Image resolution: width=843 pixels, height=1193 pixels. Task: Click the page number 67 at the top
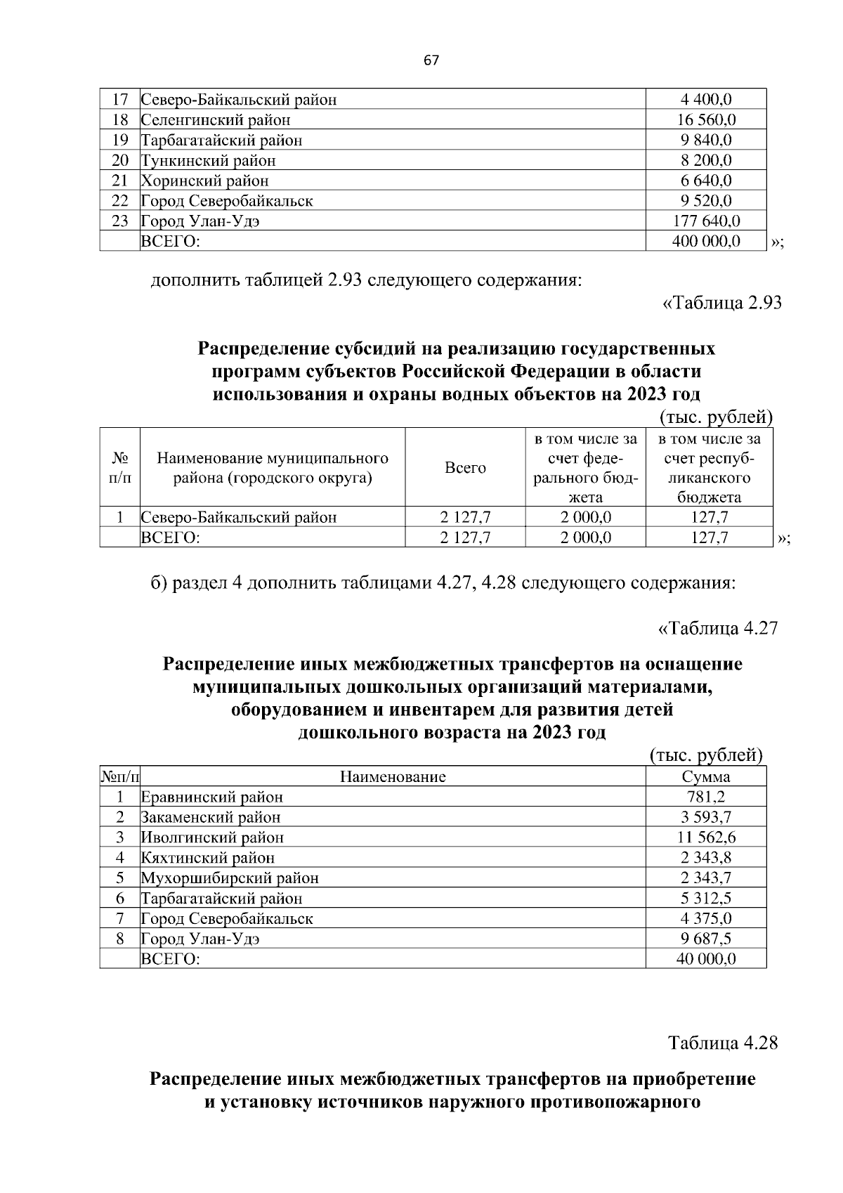pyautogui.click(x=431, y=61)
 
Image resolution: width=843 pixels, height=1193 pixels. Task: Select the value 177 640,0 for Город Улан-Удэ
pyautogui.click(x=706, y=221)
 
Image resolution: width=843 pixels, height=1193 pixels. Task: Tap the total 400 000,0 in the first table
pyautogui.click(x=706, y=242)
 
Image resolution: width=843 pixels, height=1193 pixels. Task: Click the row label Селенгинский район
pyautogui.click(x=216, y=120)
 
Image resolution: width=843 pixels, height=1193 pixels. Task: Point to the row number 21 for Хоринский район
pyautogui.click(x=120, y=181)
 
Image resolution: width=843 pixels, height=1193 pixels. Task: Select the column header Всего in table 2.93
pyautogui.click(x=465, y=468)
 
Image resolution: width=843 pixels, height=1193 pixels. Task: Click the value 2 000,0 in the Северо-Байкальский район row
pyautogui.click(x=585, y=518)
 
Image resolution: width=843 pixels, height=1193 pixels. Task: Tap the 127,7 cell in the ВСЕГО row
pyautogui.click(x=709, y=538)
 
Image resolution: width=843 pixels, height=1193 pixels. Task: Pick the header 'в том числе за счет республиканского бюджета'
pyautogui.click(x=709, y=468)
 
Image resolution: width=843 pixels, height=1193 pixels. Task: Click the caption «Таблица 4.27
pyautogui.click(x=718, y=628)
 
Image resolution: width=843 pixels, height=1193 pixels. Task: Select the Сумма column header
pyautogui.click(x=706, y=777)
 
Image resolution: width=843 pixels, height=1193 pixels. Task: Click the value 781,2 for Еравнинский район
pyautogui.click(x=706, y=797)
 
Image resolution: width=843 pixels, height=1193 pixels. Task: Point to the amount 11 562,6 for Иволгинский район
pyautogui.click(x=706, y=837)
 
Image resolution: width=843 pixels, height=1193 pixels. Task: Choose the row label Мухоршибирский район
pyautogui.click(x=230, y=878)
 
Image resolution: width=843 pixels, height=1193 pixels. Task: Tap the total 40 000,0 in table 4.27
pyautogui.click(x=706, y=959)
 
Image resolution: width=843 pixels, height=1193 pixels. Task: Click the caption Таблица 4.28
pyautogui.click(x=723, y=1043)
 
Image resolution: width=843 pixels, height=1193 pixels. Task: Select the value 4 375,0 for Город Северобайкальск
pyautogui.click(x=706, y=919)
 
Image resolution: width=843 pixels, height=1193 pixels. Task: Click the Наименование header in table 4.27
pyautogui.click(x=393, y=777)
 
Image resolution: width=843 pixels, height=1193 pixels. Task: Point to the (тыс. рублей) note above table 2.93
pyautogui.click(x=716, y=417)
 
